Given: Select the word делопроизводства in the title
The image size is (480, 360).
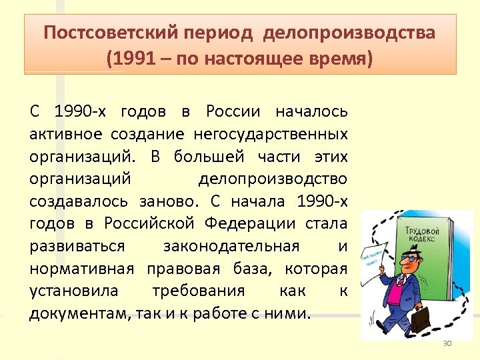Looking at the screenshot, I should coord(349,33).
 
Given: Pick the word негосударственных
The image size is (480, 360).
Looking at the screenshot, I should coord(271,133).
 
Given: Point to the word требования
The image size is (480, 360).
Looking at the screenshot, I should coord(198,291).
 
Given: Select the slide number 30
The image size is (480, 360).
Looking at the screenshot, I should coord(447,343).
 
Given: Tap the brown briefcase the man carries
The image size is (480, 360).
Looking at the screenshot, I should coord(422,319).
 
